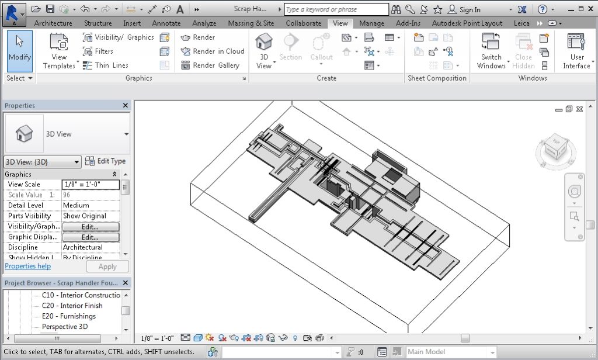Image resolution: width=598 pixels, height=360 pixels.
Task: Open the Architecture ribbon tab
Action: tap(53, 23)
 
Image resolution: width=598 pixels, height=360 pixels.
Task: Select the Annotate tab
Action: tap(166, 23)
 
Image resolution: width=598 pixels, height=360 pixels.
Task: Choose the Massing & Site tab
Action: tap(251, 23)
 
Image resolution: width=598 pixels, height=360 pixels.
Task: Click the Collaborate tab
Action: tap(303, 23)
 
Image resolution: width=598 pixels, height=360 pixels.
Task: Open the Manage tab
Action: tap(371, 23)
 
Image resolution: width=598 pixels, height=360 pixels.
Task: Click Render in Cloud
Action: tap(213, 51)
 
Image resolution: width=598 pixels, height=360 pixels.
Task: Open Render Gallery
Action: tap(210, 65)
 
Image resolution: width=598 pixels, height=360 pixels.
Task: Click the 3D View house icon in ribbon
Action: tap(264, 42)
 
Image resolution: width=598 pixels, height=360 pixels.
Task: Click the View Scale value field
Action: tap(91, 185)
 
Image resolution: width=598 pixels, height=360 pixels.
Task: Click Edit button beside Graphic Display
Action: tap(91, 237)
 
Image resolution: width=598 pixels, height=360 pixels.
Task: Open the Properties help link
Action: tap(27, 266)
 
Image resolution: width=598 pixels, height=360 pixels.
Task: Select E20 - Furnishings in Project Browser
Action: tap(68, 316)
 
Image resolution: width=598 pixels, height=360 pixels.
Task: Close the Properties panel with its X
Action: tap(126, 106)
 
